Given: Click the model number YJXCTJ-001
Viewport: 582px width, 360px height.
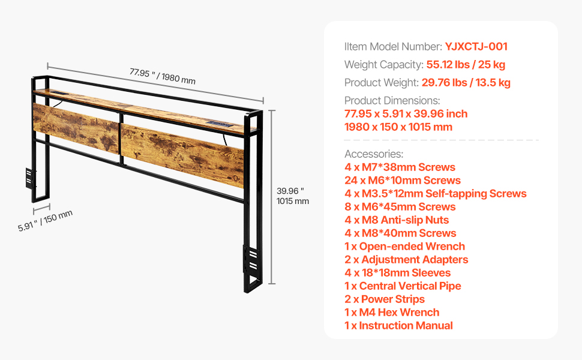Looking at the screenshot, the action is (x=476, y=46).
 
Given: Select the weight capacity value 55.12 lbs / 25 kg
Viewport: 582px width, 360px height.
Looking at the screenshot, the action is (x=466, y=65).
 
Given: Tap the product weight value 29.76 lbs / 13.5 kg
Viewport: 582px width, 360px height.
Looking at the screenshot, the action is (x=466, y=82).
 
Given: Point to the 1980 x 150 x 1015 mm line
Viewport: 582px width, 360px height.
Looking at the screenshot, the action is (x=398, y=127).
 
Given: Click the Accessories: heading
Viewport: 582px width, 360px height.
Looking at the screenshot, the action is (x=374, y=154).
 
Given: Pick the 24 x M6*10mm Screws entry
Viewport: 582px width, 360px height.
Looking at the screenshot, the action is (x=403, y=181).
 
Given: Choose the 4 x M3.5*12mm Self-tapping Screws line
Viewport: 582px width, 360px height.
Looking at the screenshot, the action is (x=436, y=193).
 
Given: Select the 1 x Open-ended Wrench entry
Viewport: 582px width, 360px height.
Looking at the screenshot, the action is (x=404, y=247).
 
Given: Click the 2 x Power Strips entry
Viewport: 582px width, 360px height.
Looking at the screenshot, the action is (x=385, y=299).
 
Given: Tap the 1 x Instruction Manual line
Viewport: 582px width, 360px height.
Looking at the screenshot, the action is (x=398, y=325).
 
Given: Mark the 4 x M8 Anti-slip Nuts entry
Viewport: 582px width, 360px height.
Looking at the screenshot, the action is (x=397, y=220).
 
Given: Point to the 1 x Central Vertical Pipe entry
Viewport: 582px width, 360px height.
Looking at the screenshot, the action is (x=403, y=286).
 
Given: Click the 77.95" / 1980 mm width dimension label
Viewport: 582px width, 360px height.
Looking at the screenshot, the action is (x=162, y=76).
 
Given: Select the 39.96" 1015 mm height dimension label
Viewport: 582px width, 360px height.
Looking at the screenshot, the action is (x=292, y=196).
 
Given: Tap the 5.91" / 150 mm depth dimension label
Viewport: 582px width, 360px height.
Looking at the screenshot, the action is (x=45, y=221).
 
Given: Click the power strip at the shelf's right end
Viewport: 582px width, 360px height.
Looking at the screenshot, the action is (x=220, y=124).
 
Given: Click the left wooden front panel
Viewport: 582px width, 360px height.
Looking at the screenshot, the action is (x=76, y=128).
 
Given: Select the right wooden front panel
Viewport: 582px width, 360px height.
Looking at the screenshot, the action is (x=182, y=156).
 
